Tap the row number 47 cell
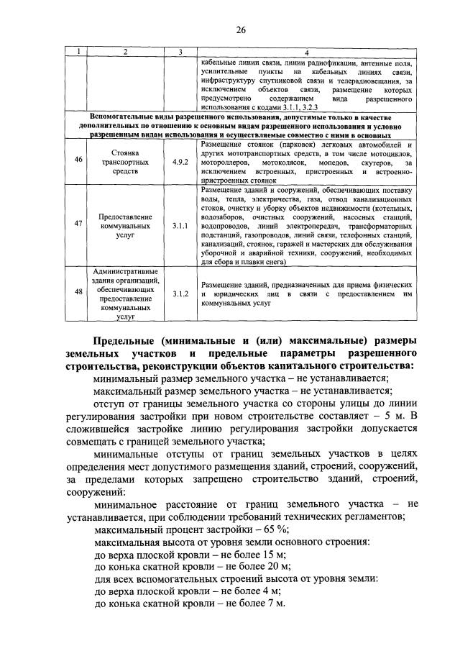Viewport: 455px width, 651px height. point(78,224)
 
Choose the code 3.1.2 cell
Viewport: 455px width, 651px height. point(180,294)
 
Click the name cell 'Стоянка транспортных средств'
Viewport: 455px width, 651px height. point(124,163)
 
